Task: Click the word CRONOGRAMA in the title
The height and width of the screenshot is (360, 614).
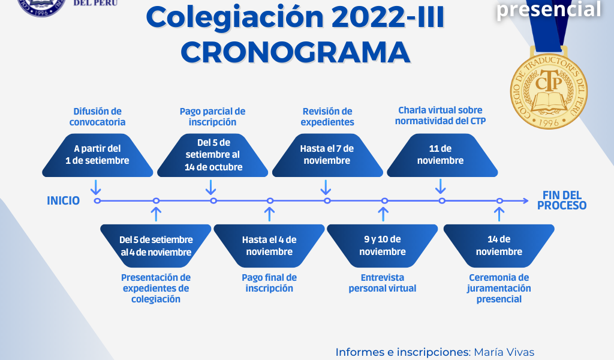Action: coord(295,52)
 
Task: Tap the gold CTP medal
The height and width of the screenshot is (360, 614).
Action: coord(549,91)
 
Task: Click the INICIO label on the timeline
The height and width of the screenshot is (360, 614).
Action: coord(64,200)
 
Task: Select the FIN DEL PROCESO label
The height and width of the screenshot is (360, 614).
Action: coord(561,200)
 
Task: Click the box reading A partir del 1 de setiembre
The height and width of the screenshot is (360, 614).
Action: coord(98,155)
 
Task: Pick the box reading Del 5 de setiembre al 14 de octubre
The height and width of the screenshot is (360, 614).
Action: coord(213,155)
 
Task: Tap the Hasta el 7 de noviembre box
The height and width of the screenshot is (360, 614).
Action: coord(327,155)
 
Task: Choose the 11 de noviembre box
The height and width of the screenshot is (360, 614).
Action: coord(442,155)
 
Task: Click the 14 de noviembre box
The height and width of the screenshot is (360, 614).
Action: coord(499,245)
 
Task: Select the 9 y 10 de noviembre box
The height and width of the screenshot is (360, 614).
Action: coord(382,245)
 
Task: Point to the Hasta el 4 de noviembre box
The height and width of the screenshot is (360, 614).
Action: coord(269,245)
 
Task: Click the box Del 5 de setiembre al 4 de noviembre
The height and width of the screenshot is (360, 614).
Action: coord(156,245)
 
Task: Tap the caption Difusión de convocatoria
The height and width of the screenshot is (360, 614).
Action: coord(98,117)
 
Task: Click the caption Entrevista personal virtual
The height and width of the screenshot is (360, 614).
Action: coord(383,283)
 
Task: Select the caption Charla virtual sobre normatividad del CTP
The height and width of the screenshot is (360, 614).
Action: coord(441,116)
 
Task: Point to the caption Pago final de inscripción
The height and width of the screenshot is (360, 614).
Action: coord(269,283)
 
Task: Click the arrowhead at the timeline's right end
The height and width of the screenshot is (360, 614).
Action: coord(526,201)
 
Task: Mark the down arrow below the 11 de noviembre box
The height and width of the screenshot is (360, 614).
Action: coord(441,187)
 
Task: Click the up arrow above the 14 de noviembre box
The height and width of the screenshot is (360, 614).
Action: coord(499,214)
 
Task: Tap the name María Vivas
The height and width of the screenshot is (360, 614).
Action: coord(504,352)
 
